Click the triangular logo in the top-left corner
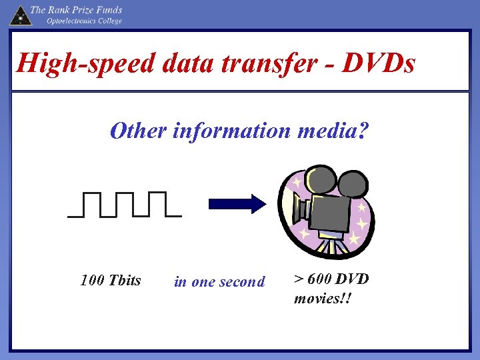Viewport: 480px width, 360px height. [19, 15]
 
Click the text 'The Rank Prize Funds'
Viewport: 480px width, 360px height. [77, 10]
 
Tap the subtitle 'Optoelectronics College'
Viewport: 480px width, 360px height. [84, 21]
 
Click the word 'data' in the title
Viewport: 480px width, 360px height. [177, 64]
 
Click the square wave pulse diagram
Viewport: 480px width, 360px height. [125, 205]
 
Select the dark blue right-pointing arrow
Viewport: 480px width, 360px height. [237, 205]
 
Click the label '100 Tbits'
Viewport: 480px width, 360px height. [111, 280]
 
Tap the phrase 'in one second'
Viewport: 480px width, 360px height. [219, 282]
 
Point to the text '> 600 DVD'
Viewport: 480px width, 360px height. [331, 279]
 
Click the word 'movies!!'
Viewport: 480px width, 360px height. [322, 297]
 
